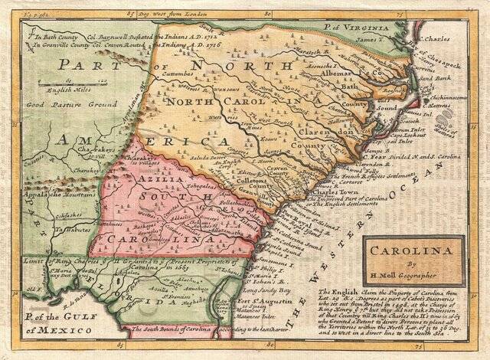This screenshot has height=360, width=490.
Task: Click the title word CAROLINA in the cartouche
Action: [x=412, y=249]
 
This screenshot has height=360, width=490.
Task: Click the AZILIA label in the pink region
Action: [x=157, y=178]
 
